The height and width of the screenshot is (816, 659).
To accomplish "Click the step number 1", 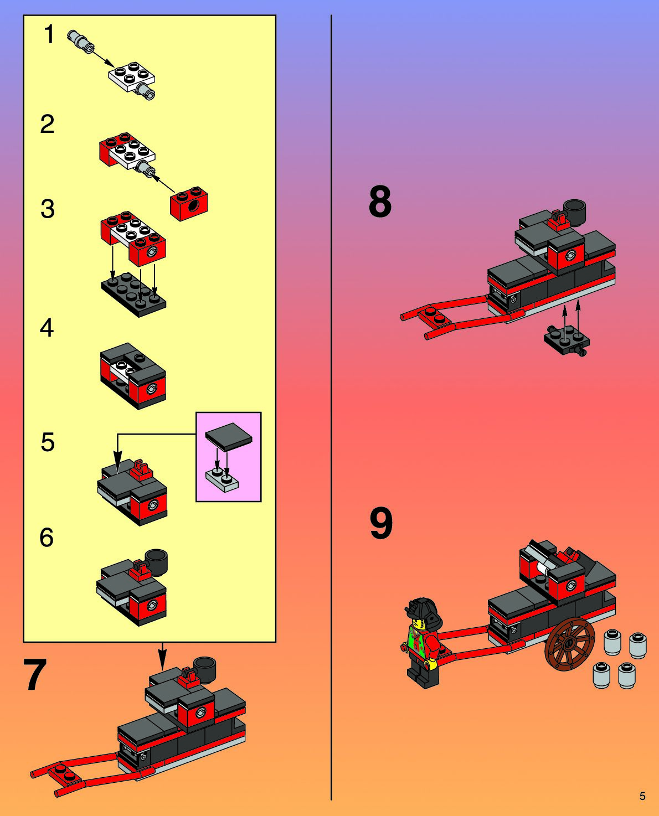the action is (49, 34).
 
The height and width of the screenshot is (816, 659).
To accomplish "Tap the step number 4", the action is (47, 328).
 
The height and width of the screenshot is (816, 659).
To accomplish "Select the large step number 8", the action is (380, 202).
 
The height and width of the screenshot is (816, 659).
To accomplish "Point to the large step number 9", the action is (381, 523).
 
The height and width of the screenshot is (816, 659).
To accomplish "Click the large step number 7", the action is (34, 675).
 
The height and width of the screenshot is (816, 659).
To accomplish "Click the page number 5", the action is (642, 796).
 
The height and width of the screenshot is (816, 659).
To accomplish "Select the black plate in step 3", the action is (133, 293).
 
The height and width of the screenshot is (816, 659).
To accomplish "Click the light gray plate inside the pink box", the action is (222, 479).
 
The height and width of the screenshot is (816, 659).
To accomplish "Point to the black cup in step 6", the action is (156, 562).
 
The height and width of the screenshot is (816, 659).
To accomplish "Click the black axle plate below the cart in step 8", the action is (567, 340).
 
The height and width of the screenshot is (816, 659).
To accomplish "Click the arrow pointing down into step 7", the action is (162, 656).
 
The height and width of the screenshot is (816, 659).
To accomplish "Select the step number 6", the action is (47, 537).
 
